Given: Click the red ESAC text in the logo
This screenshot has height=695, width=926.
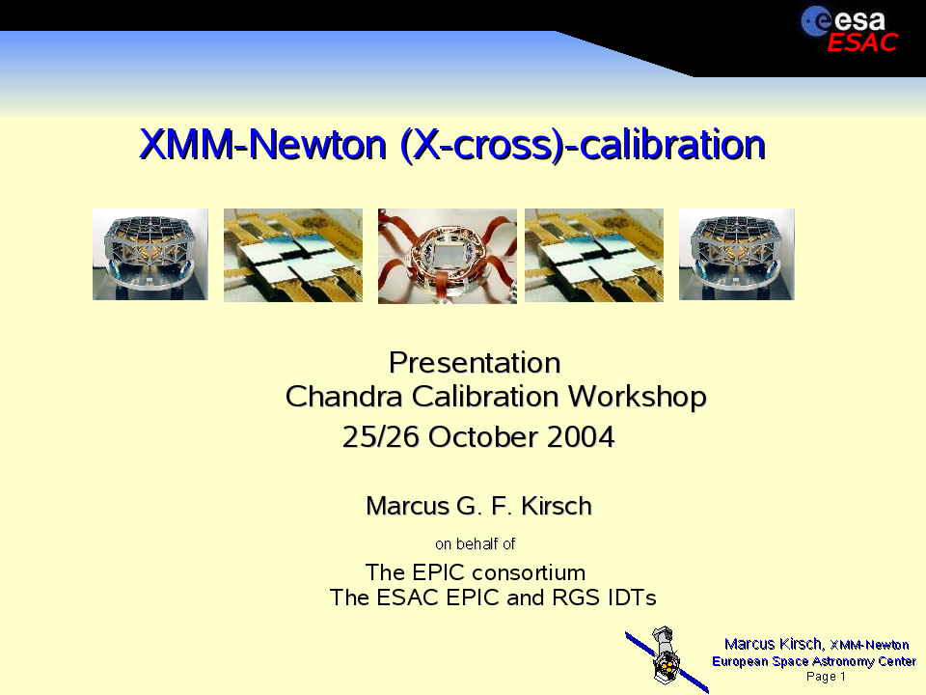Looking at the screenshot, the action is [862, 42].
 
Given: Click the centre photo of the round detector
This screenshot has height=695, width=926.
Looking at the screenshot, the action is [447, 256].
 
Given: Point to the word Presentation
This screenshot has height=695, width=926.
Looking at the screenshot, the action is [475, 362].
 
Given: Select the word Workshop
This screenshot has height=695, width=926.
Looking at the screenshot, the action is [638, 397].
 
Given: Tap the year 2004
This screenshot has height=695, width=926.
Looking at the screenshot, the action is [581, 436].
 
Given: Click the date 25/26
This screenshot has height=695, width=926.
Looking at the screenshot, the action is [382, 436].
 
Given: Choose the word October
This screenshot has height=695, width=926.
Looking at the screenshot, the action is [483, 436].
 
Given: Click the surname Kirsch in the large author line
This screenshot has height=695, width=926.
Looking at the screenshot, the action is [557, 506].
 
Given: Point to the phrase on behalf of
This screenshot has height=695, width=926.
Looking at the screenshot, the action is [476, 543].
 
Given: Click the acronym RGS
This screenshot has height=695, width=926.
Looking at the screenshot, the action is [576, 598].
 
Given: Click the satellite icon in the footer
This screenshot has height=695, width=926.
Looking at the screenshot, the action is [667, 658].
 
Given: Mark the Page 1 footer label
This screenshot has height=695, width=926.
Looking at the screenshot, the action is [826, 676].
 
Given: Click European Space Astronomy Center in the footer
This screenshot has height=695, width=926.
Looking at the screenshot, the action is [814, 660].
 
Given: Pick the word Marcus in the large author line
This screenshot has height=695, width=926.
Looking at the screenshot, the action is [407, 506].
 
